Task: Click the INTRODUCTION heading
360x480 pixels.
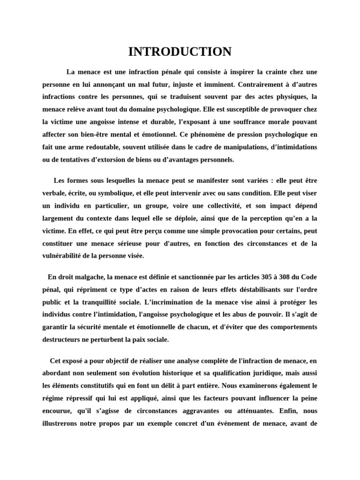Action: click(x=180, y=52)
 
